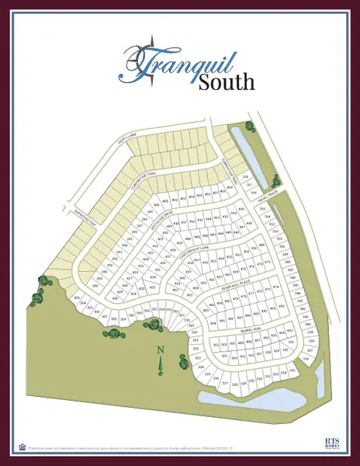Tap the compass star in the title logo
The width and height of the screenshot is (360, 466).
145,57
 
